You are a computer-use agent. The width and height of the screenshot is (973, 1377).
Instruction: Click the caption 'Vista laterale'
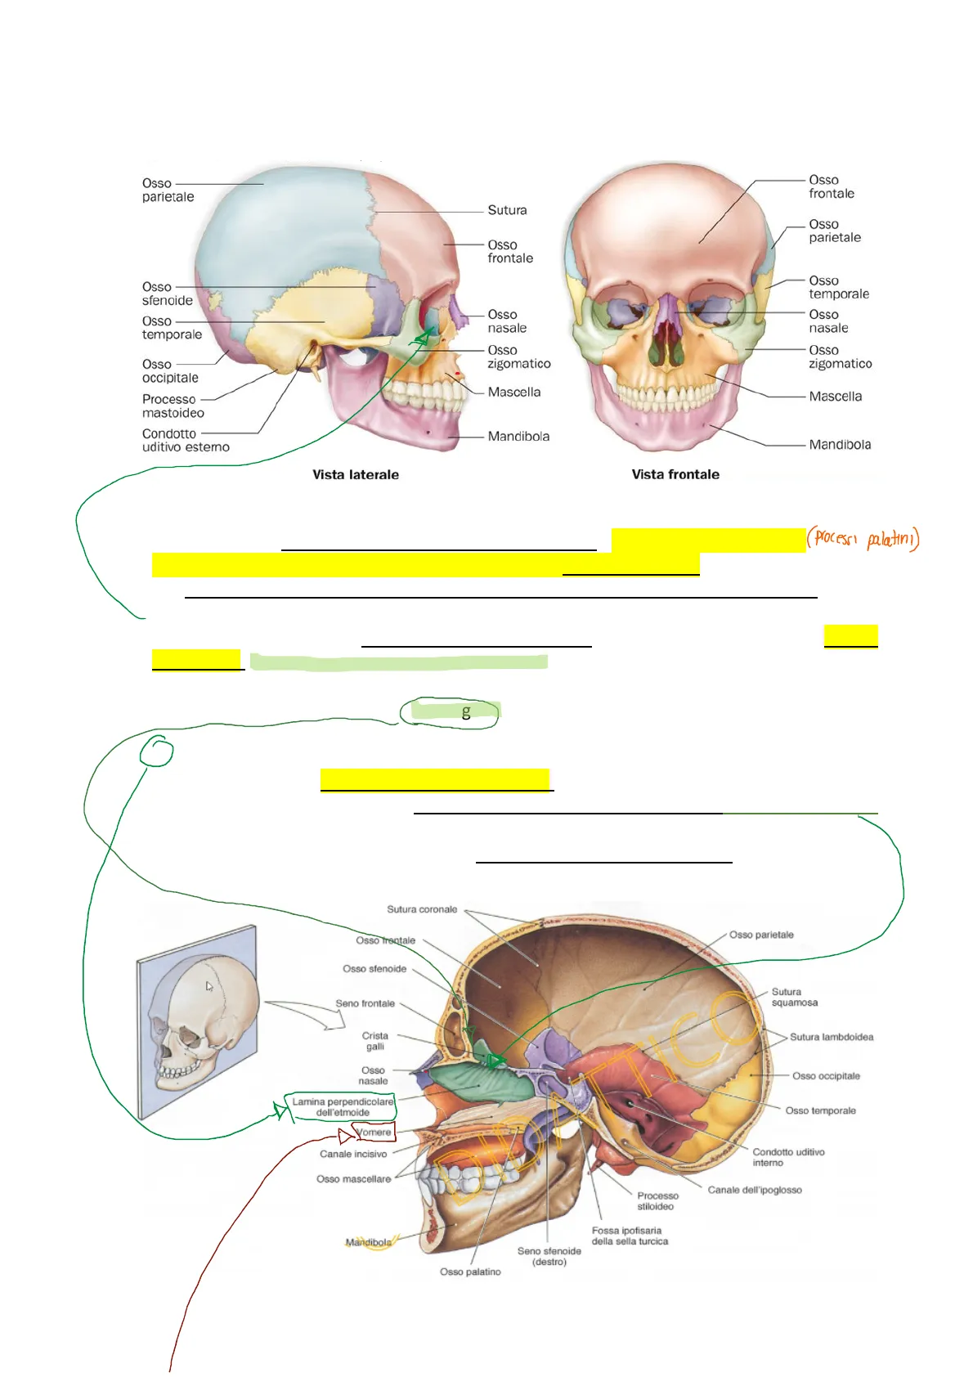pos(356,474)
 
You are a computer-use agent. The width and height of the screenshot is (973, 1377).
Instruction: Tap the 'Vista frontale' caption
pos(675,474)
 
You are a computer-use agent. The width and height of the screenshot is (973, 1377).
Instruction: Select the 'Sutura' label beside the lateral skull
pos(507,210)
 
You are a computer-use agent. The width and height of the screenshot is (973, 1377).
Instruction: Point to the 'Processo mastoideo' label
pos(172,406)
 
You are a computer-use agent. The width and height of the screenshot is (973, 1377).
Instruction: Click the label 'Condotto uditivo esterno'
pos(186,440)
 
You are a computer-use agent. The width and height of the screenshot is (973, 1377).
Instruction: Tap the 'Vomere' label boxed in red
pos(374,1133)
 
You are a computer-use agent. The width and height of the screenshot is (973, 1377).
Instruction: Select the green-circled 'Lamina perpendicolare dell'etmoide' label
pos(343,1107)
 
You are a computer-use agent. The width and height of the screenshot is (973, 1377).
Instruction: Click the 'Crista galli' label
pos(375,1041)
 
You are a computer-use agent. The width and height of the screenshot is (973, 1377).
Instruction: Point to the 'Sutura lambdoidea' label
pos(832,1037)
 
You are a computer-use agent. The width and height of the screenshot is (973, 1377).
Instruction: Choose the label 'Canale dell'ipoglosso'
pos(755,1190)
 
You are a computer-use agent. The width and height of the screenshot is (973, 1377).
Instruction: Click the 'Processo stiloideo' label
pos(657,1200)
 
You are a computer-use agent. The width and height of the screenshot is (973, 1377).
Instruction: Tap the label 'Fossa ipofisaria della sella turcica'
pos(630,1236)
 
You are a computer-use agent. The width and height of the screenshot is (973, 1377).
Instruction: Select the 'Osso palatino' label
pos(470,1272)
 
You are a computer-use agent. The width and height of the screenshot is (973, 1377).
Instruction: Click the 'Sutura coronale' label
pos(422,909)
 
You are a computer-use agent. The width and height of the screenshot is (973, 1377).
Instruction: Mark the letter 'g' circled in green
pos(466,712)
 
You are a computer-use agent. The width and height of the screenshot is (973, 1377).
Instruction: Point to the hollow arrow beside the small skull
pos(307,1013)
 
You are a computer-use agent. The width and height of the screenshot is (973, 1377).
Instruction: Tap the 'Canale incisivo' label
pos(353,1154)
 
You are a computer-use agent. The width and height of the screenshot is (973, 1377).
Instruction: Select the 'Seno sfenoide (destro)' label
pos(549,1256)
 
